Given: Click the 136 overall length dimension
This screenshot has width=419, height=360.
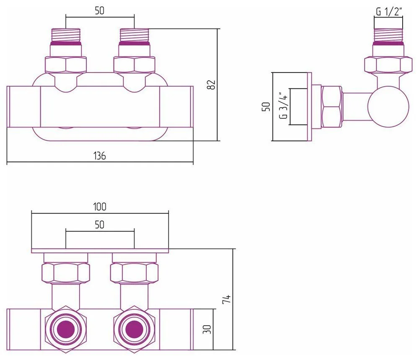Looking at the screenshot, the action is (x=99, y=155).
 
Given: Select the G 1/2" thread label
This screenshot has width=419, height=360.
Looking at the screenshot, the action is (x=389, y=12).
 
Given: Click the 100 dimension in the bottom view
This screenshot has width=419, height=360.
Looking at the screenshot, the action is (x=100, y=206).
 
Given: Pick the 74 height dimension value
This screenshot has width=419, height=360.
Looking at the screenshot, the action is (x=226, y=299).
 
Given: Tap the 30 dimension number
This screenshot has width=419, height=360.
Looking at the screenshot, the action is (x=207, y=329).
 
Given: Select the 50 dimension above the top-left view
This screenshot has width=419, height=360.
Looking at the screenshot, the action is (x=99, y=11).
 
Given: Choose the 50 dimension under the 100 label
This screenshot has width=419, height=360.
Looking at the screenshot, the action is (x=99, y=225).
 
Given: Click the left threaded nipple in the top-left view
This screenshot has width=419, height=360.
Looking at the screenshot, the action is (x=65, y=36).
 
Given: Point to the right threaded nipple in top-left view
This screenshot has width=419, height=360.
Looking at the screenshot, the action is (x=134, y=36).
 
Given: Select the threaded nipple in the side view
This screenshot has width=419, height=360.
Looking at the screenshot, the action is (x=388, y=36).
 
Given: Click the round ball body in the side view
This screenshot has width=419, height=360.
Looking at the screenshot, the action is (x=388, y=106).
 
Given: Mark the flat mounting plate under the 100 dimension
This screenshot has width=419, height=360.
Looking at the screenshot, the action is (x=100, y=251).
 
